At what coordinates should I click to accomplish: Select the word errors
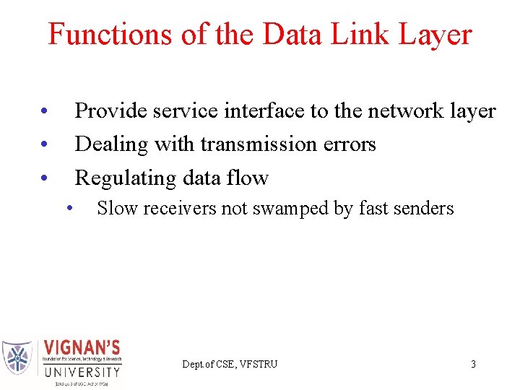coord(350,144)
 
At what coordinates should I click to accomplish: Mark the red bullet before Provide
coord(44,112)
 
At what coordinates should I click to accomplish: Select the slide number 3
coord(473,364)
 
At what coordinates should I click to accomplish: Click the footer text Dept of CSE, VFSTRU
coord(230,364)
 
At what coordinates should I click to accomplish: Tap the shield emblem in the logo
coord(17,358)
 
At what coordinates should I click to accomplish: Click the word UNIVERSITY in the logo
coord(82,372)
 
